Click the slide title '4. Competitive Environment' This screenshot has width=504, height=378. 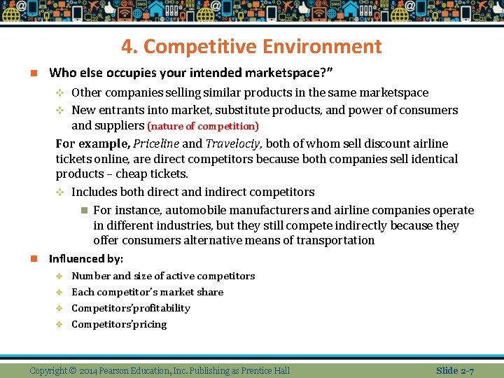point(251,47)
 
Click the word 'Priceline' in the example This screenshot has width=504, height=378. point(155,144)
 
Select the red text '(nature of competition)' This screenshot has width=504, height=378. point(203,127)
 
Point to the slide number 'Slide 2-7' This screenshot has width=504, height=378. point(455,370)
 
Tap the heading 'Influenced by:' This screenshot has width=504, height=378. point(86,259)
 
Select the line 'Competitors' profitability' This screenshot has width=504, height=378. point(131,308)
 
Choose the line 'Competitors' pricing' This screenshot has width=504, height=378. point(119,324)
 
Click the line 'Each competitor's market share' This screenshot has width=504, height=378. point(148,292)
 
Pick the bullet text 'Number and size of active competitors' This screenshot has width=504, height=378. point(163,276)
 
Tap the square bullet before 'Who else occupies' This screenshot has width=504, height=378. point(33,73)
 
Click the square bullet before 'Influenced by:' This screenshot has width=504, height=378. point(33,259)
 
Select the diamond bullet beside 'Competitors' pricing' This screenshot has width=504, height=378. point(60,325)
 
